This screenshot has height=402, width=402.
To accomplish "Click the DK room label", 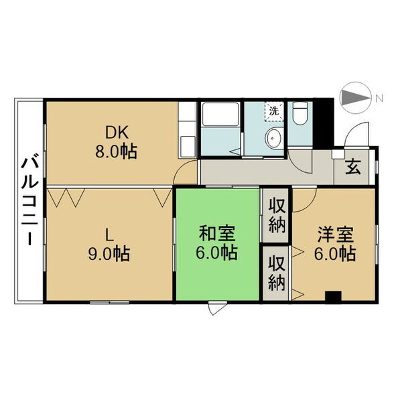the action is (117, 133).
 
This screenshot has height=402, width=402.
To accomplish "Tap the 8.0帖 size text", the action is (116, 152).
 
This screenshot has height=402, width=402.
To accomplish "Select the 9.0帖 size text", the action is (109, 254).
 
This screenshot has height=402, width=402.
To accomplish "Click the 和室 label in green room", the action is (217, 233).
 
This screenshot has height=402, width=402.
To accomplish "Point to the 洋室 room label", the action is (336, 234).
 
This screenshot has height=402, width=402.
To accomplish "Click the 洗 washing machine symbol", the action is (274, 111).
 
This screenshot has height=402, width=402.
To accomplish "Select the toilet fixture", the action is (300, 113).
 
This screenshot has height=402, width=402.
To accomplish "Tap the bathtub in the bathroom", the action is (220, 115).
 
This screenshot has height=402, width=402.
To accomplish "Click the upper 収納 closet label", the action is (277, 215).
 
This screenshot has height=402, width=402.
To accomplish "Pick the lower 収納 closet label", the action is (277, 273).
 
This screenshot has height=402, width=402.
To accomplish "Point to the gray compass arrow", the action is (355, 97).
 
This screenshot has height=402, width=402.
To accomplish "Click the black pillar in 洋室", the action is (333, 297).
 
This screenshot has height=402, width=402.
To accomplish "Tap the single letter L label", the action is (109, 235).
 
